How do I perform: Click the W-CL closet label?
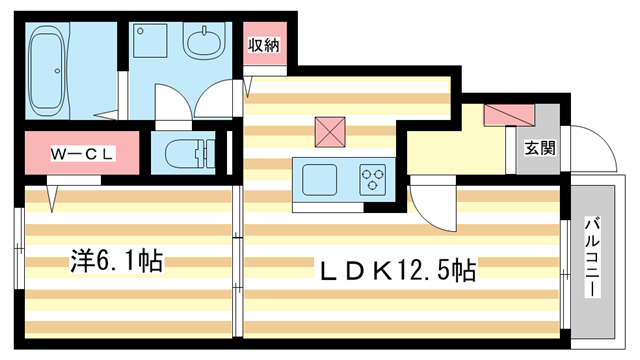(85, 154)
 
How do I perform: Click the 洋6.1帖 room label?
(116, 263)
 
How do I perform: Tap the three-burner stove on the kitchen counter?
(374, 180)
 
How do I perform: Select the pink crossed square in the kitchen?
(329, 132)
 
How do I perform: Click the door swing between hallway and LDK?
(432, 205)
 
